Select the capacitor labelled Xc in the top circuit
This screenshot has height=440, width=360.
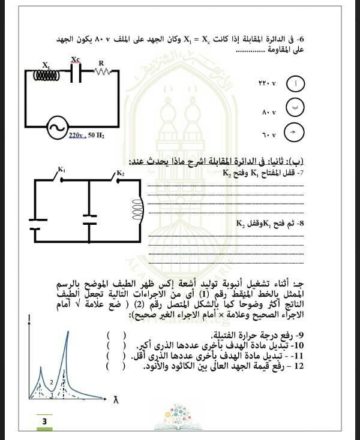click(x=76, y=73)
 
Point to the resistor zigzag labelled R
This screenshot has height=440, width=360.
click(x=102, y=71)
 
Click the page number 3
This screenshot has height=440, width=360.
click(x=44, y=423)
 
